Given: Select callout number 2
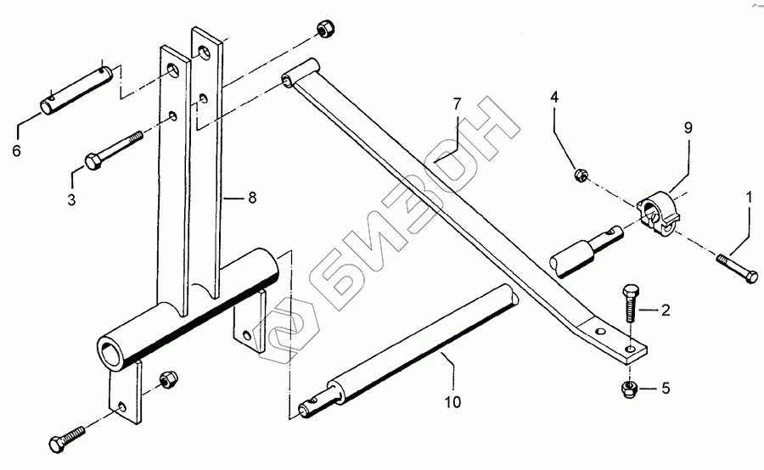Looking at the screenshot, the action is [666, 311].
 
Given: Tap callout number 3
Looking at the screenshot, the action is [71, 200].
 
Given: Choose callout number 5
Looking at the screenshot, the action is [666, 390].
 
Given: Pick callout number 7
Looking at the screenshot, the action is [456, 104].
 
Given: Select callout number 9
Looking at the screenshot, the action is [688, 127].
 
